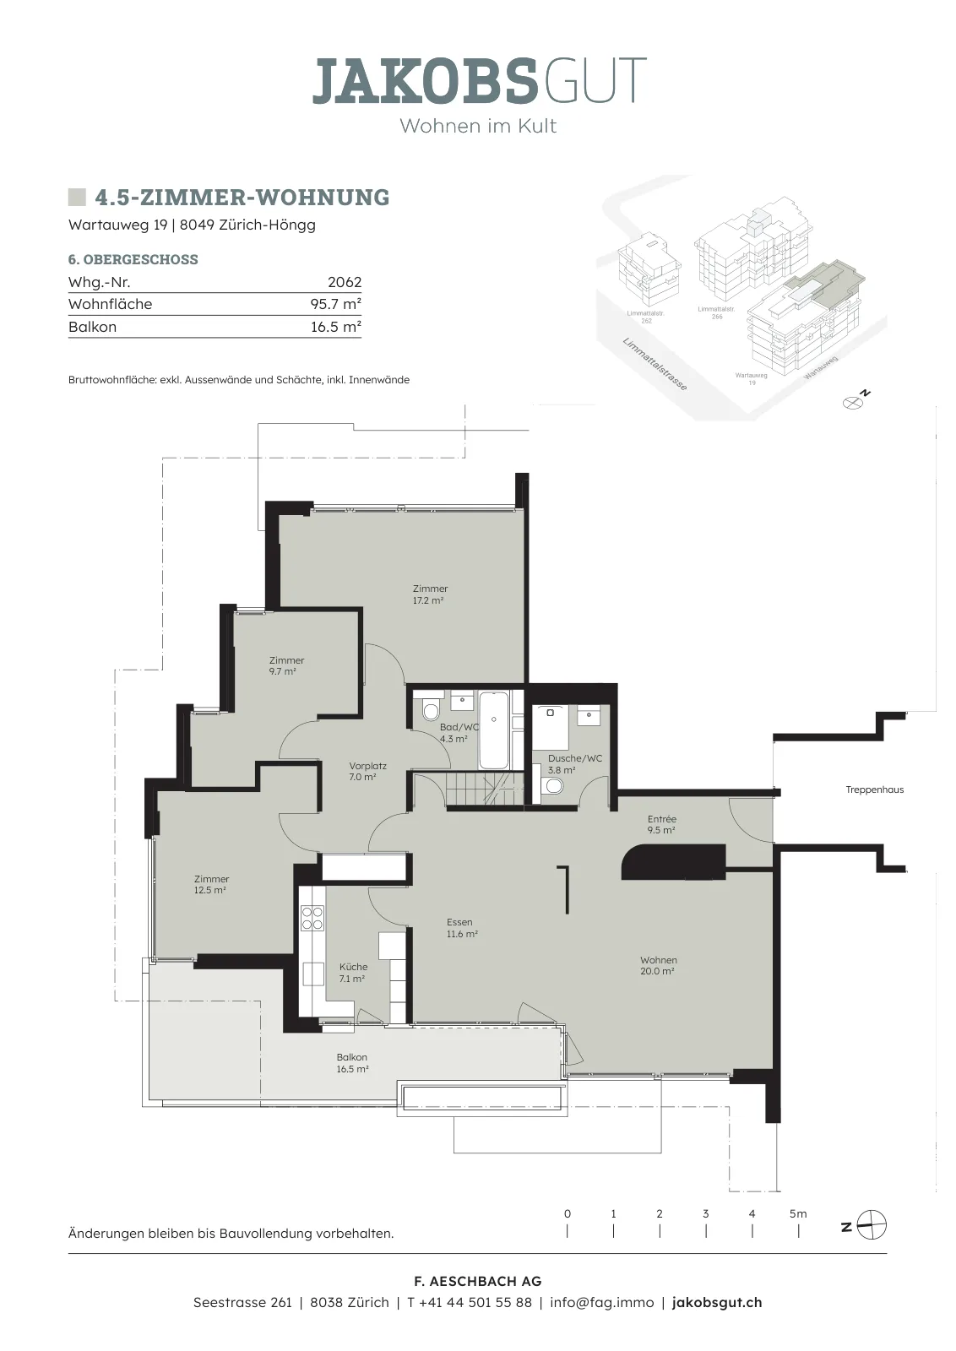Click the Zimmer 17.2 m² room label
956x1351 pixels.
[429, 594]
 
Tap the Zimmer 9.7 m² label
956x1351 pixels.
[286, 666]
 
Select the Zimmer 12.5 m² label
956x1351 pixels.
[211, 885]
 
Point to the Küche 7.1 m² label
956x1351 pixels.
[353, 974]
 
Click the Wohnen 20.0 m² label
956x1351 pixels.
[658, 966]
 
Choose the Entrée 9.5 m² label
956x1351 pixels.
[661, 824]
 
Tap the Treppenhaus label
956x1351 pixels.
[875, 789]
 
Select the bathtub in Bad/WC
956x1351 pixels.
[494, 730]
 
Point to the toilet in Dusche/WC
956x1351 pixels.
[551, 785]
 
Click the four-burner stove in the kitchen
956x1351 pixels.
[312, 919]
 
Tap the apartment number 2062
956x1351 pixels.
[345, 282]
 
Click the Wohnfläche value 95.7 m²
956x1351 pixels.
[335, 304]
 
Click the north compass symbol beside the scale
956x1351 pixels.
[871, 1226]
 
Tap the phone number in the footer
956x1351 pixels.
[470, 1302]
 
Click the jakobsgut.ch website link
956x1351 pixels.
[716, 1302]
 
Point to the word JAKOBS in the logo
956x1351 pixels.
[424, 80]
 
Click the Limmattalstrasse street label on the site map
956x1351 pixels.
[655, 364]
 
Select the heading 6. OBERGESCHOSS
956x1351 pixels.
[133, 259]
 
